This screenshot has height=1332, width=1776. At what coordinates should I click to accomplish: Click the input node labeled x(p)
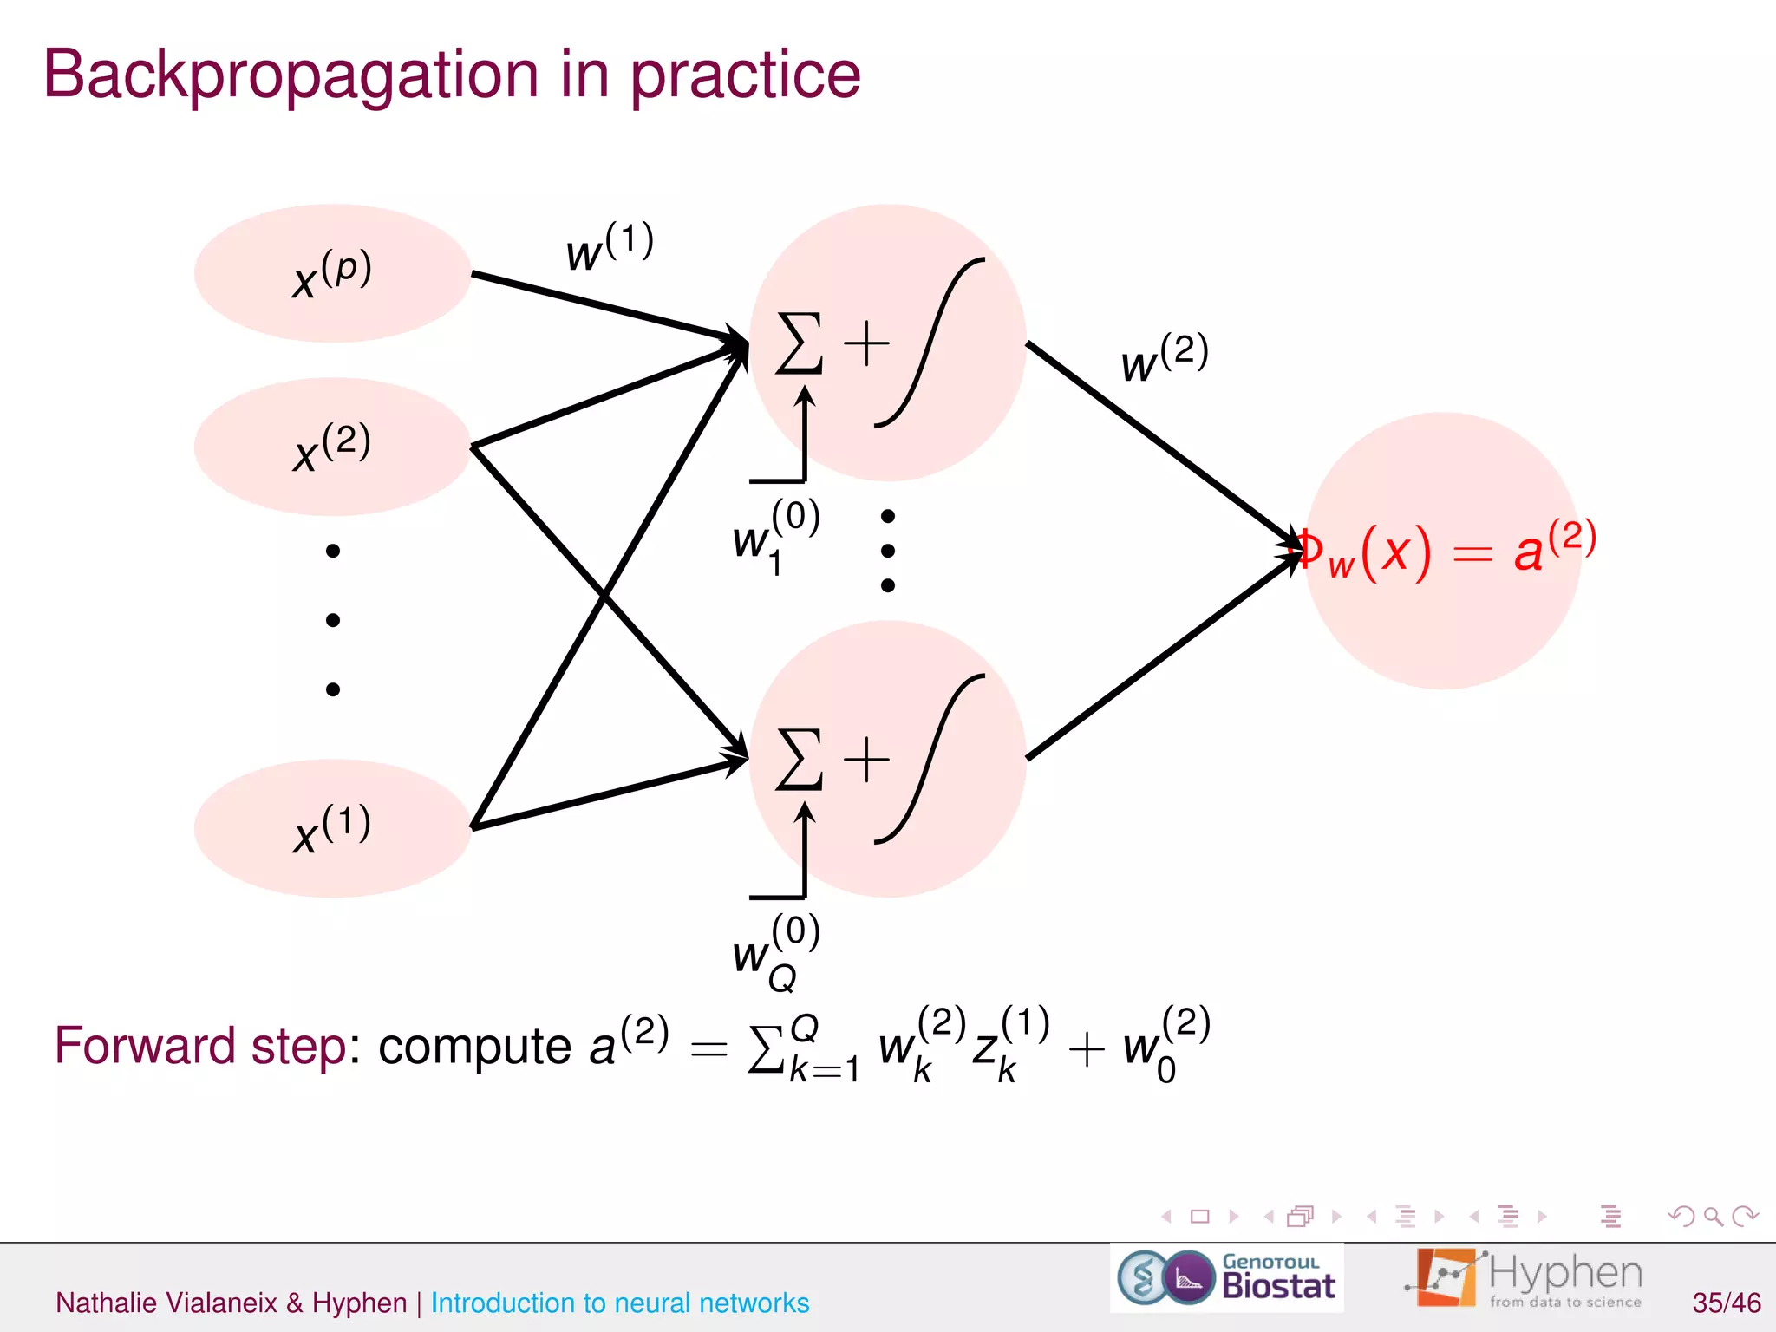(x=332, y=274)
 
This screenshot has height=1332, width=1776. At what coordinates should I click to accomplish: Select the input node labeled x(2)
(x=332, y=447)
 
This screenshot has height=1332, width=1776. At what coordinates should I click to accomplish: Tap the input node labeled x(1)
(x=332, y=828)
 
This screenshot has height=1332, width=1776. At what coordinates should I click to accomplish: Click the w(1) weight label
(x=609, y=247)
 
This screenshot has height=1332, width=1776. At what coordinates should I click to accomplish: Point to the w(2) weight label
(x=1164, y=357)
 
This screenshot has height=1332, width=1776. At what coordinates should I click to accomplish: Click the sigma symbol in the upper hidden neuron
(x=799, y=343)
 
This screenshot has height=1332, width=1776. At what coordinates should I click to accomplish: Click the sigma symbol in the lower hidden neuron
(x=799, y=760)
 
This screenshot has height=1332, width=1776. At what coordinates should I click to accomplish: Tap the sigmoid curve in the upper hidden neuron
(x=930, y=343)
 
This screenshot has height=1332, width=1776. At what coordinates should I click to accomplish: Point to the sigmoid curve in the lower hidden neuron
(x=930, y=760)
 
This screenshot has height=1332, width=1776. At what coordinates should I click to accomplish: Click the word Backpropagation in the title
(x=291, y=76)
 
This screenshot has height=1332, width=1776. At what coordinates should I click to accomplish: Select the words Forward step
(x=200, y=1046)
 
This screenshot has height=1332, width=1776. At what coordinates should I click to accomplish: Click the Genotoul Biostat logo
(x=1226, y=1277)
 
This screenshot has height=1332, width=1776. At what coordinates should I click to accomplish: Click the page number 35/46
(x=1726, y=1303)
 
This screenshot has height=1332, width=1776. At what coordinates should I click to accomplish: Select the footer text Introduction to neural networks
(x=619, y=1303)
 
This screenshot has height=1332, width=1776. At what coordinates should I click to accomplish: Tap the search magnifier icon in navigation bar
(x=1713, y=1217)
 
